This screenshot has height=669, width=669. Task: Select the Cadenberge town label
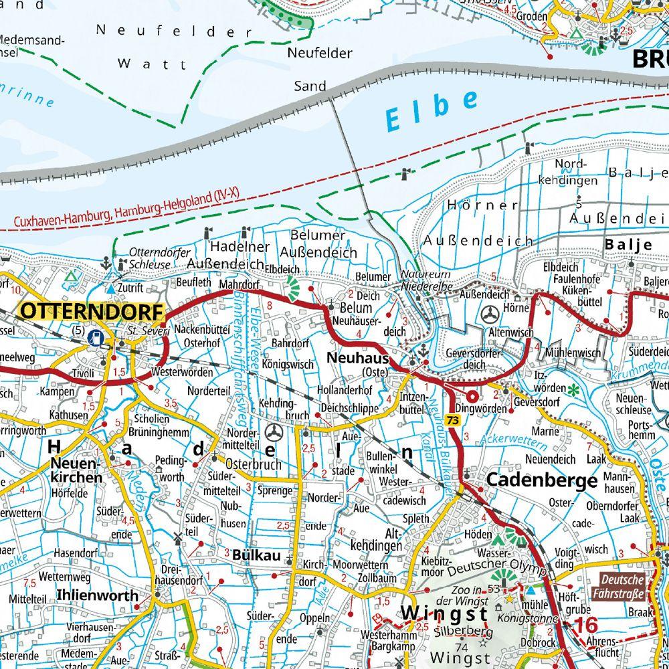[x=542, y=480]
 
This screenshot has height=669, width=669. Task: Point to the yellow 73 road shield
[x=454, y=420]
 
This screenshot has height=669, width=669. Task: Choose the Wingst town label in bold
[x=444, y=613]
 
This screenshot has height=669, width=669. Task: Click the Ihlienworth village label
[x=98, y=595]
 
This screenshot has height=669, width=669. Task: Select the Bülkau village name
[x=252, y=555]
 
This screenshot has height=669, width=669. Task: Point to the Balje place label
[x=628, y=245]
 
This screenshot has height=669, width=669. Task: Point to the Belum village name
[x=355, y=308]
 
